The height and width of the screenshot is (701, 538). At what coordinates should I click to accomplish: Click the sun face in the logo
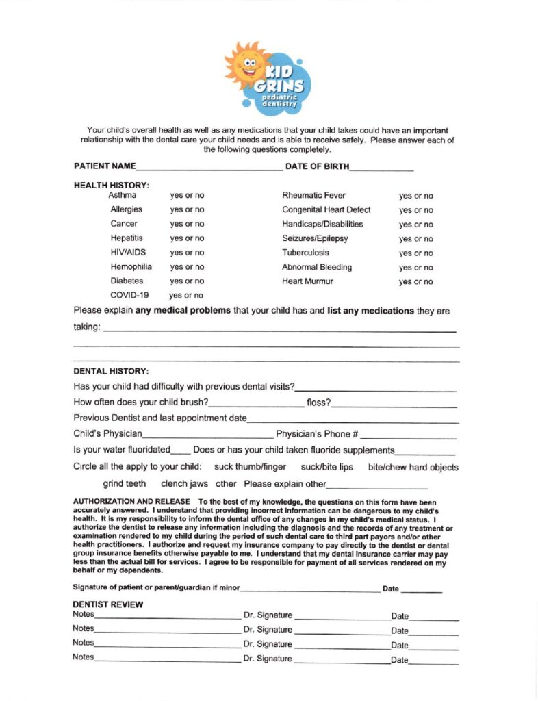point(248,65)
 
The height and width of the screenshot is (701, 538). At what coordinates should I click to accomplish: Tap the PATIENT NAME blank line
point(209,168)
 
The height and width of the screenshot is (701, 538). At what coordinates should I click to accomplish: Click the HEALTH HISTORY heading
point(111,185)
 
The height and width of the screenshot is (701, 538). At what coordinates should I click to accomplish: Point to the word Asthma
point(123,196)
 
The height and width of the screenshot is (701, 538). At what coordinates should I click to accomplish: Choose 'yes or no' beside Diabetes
point(187,281)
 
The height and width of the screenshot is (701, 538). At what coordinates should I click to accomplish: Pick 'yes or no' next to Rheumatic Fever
point(415,196)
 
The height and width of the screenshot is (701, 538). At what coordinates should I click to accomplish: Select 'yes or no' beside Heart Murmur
point(415,282)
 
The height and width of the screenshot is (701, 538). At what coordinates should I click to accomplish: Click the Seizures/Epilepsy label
point(315,239)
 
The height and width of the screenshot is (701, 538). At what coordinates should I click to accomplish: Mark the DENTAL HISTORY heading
point(110,372)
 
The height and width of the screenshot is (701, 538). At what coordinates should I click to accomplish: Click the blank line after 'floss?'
point(394,405)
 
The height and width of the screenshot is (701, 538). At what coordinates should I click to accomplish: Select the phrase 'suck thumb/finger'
point(251,468)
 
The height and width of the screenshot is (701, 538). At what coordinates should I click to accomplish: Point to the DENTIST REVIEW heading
point(107,605)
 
